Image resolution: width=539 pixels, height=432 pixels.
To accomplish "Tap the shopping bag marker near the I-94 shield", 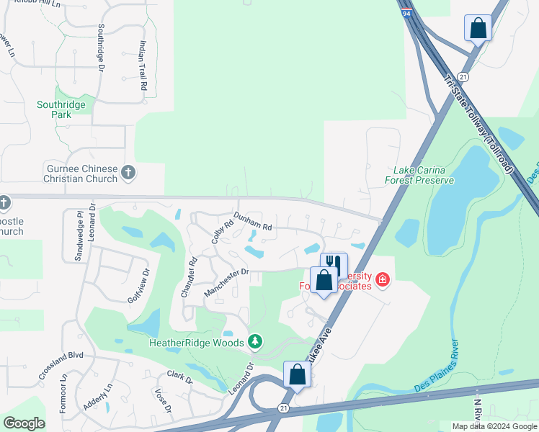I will click(477, 29).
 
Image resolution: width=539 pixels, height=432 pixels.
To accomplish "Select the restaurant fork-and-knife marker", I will click(334, 264).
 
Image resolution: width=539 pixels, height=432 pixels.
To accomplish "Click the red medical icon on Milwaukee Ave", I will click(382, 279).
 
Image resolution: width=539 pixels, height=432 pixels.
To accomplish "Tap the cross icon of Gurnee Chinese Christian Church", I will click(128, 172).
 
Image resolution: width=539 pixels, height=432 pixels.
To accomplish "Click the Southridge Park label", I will click(61, 109).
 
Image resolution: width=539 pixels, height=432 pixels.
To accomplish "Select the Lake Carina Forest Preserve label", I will click(424, 175).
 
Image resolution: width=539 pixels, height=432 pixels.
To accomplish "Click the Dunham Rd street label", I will click(252, 221).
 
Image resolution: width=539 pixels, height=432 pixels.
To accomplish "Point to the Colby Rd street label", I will click(223, 230).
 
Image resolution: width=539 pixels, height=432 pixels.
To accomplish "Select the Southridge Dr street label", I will click(101, 48).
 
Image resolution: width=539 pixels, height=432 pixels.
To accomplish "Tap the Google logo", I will click(24, 423).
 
